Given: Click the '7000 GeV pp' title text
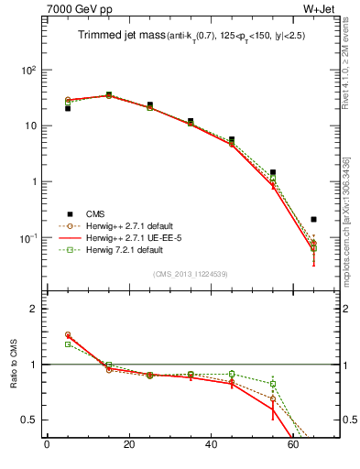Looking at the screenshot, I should (79, 12).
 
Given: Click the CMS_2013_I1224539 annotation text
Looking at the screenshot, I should (190, 273).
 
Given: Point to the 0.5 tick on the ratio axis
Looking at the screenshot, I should (28, 420).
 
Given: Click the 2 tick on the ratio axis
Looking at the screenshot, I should (33, 309).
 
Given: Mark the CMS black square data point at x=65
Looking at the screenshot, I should (314, 220).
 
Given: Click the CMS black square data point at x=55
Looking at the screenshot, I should (273, 172).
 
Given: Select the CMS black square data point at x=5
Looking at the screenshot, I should (68, 108).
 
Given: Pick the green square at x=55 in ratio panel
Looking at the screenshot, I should (273, 384).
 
